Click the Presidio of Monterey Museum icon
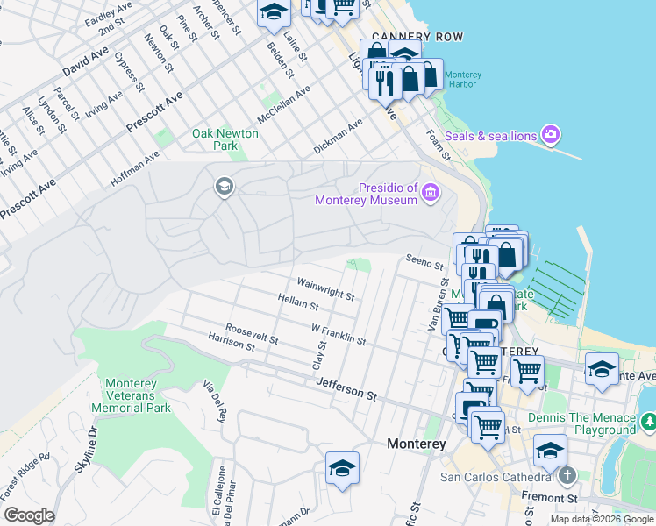pyautogui.click(x=431, y=193)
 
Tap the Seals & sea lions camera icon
pyautogui.click(x=551, y=135)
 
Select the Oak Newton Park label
pyautogui.click(x=225, y=139)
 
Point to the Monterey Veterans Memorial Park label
pyautogui.click(x=137, y=395)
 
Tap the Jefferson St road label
pyautogui.click(x=346, y=389)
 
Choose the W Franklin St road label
pyautogui.click(x=338, y=334)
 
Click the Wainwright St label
pyautogui.click(x=324, y=290)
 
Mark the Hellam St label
pyautogui.click(x=297, y=305)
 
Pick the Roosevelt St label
pyautogui.click(x=252, y=333)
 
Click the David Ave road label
pyautogui.click(x=85, y=66)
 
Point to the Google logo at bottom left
pyautogui.click(x=29, y=515)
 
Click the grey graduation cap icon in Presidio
pyautogui.click(x=224, y=186)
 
